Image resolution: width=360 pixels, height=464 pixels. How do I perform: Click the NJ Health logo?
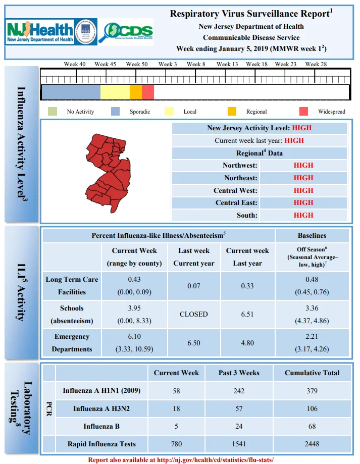51,32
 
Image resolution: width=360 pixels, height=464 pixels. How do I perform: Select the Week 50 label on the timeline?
137,64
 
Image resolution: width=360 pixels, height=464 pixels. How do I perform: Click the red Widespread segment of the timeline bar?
148,92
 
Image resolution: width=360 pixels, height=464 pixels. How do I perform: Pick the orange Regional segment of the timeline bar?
136,92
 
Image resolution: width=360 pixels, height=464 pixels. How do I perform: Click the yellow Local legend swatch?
169,111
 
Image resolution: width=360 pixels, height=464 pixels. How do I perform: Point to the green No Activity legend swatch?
53,111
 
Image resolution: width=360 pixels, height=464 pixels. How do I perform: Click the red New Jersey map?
108,173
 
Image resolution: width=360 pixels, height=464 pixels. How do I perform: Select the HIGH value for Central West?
303,190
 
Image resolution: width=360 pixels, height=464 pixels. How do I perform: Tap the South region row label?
247,215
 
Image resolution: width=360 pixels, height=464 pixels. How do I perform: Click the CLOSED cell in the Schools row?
194,314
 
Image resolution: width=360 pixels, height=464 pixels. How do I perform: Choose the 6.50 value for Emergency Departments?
194,343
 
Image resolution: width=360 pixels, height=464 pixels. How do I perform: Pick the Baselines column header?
312,236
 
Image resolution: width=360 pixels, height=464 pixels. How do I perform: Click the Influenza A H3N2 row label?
101,408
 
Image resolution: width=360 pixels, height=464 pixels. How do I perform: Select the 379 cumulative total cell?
312,391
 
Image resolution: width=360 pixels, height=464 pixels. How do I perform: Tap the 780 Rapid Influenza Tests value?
176,444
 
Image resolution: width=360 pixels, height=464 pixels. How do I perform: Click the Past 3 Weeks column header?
239,373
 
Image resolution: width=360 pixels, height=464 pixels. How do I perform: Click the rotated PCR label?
49,408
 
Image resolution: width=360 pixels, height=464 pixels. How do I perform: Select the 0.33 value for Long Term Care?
247,286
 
